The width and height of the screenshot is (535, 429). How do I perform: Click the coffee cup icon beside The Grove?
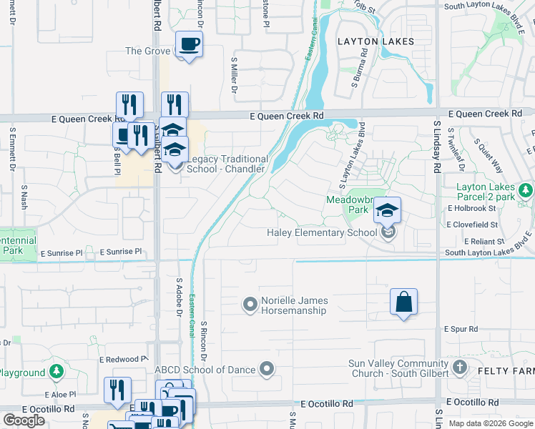coord(189,44)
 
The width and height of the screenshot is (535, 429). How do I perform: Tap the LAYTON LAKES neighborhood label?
coord(376,41)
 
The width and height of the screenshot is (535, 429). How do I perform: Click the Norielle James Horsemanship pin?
coord(250,305)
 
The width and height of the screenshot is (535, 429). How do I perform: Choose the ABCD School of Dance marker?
coord(267,369)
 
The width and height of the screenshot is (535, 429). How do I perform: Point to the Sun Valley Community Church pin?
coord(459,368)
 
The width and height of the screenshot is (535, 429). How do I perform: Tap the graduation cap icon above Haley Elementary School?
coord(387,210)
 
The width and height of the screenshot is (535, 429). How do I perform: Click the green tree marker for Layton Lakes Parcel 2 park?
coord(526,190)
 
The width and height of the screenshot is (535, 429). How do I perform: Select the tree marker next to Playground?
coord(57,373)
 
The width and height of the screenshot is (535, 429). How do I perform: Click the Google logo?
coord(24,420)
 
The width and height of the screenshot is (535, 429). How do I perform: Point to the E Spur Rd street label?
coord(460,330)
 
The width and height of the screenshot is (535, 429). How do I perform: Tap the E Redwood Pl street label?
coord(123,358)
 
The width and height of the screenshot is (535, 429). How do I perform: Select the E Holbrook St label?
coord(471,208)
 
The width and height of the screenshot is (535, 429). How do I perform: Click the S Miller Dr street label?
coord(233,77)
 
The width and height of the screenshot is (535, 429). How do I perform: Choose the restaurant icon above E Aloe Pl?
coord(117,390)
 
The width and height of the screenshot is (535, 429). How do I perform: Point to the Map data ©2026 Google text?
coord(491,423)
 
